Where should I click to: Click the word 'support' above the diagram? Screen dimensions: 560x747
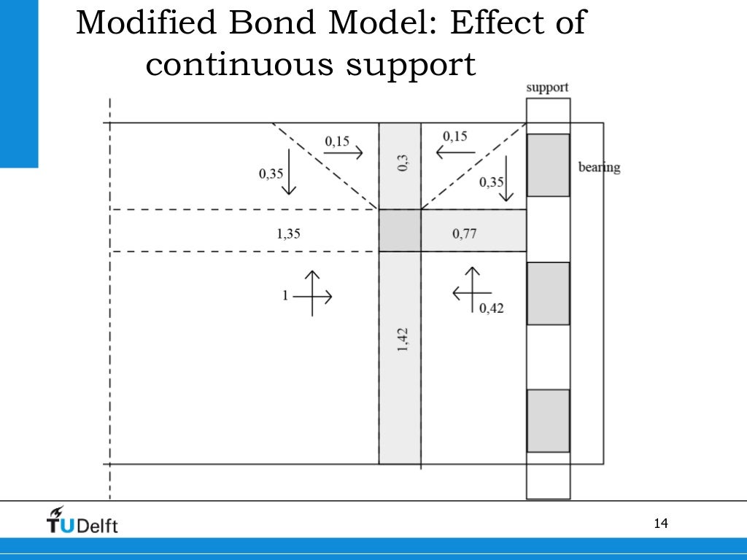(x=547, y=87)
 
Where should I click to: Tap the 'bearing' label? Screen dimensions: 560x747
(x=599, y=167)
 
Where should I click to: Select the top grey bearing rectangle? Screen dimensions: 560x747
(x=548, y=165)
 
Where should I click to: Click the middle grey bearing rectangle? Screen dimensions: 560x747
(x=548, y=293)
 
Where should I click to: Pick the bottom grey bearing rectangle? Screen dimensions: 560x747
(x=548, y=421)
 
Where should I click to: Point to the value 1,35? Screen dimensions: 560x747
(x=288, y=234)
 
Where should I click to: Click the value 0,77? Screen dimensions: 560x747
(x=465, y=234)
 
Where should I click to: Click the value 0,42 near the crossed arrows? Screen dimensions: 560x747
(x=491, y=308)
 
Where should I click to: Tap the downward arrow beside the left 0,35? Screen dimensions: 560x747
(x=290, y=171)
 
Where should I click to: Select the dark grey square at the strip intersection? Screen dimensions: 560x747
(x=400, y=230)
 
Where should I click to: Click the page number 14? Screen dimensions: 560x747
(x=662, y=524)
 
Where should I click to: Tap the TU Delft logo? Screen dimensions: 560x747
(x=82, y=520)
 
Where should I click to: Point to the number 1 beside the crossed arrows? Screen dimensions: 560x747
(x=286, y=295)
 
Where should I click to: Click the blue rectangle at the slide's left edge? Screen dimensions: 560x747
(x=18, y=84)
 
